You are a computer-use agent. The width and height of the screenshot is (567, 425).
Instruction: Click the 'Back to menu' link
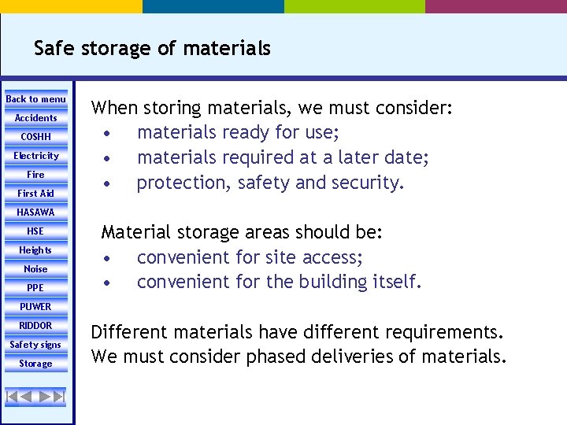[36, 99]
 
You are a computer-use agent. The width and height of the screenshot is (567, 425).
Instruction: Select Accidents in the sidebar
[36, 118]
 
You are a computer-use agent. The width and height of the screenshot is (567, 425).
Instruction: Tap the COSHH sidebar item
[36, 137]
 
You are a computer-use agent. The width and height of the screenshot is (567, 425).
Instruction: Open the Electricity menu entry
[36, 156]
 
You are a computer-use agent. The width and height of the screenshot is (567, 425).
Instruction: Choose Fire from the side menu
[36, 175]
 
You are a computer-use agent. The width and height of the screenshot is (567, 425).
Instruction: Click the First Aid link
[36, 194]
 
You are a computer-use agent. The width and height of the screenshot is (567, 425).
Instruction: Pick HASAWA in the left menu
[36, 213]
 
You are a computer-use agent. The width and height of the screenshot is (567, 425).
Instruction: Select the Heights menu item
[36, 250]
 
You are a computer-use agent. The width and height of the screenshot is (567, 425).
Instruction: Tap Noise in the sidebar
[36, 269]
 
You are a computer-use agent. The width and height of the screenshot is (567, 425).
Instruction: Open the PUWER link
[36, 307]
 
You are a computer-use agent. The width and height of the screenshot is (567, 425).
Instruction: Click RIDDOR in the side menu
[36, 326]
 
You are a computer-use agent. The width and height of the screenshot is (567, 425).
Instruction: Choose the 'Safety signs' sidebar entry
[36, 345]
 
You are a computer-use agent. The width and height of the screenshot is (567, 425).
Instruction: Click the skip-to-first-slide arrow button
[13, 397]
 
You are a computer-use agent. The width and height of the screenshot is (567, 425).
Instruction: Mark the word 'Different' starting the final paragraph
[130, 331]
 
